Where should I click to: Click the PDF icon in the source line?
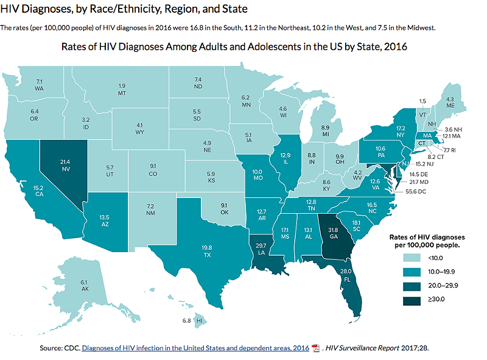tap(315, 348)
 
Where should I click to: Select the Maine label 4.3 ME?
tap(450, 102)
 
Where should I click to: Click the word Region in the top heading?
tap(163, 10)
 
